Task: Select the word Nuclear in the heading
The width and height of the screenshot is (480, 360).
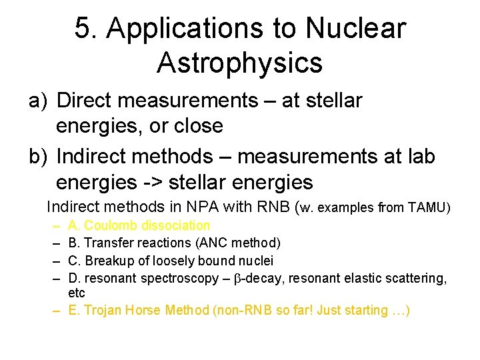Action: [355, 29]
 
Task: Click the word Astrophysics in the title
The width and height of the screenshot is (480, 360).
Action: [240, 63]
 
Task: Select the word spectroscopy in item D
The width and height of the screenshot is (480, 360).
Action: [182, 278]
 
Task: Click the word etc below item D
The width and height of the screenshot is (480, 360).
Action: [77, 293]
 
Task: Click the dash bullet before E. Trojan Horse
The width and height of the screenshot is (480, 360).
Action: [58, 310]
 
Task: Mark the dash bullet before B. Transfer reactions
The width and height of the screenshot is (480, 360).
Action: [58, 243]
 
